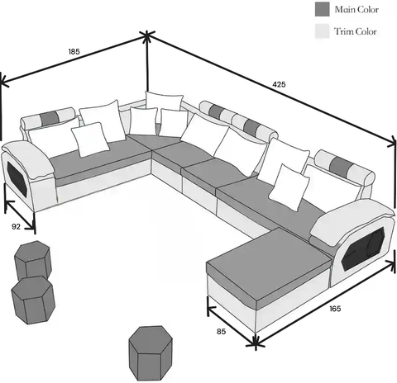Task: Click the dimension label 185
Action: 74,51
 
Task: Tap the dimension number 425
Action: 279,84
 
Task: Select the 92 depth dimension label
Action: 16,226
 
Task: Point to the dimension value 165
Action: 335,309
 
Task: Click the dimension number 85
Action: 221,332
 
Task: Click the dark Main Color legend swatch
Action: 323,9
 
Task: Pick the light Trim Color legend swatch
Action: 323,31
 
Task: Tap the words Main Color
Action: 356,9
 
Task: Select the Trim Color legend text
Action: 356,31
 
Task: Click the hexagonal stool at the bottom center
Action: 151,354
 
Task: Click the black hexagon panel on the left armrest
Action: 17,179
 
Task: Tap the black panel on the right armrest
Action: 363,248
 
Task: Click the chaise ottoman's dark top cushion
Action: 269,264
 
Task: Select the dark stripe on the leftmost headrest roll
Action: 49,118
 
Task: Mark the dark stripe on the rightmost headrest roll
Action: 337,165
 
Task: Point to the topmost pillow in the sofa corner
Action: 164,101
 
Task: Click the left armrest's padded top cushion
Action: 28,158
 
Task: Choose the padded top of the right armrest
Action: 352,218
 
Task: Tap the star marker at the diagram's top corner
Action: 146,35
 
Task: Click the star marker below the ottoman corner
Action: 256,343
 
